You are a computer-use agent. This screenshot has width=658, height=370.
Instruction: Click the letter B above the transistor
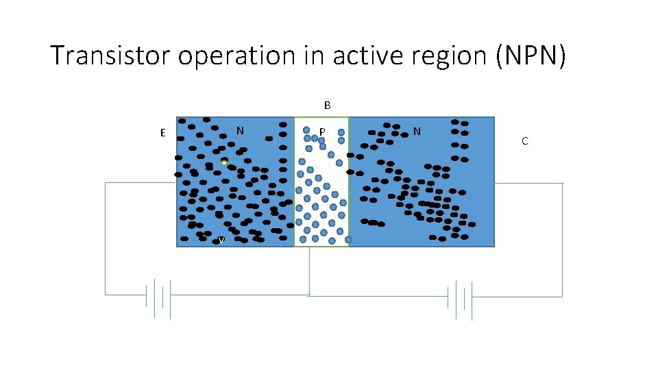[328, 106]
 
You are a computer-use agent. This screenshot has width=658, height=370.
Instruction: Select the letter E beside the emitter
[162, 133]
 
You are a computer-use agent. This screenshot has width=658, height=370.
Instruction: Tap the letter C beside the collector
[524, 141]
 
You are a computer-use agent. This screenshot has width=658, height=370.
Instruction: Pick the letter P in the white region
[322, 131]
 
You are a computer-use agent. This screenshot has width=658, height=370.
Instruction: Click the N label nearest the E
[240, 130]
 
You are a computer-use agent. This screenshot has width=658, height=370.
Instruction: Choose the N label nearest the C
[417, 130]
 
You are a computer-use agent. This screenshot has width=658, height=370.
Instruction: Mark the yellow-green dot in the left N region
[224, 162]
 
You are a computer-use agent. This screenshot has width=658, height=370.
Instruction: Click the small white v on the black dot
[221, 240]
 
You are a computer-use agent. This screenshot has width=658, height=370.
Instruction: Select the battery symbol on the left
[158, 297]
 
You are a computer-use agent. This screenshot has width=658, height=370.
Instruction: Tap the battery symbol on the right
[460, 299]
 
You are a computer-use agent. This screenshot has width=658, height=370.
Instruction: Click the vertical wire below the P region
[310, 271]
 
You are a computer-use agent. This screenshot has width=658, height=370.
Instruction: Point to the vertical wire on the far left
[106, 240]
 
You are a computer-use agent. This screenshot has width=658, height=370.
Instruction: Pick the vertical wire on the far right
[562, 240]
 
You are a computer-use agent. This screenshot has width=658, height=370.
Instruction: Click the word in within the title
[315, 56]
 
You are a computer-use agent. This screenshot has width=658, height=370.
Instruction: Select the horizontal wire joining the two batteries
[377, 295]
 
